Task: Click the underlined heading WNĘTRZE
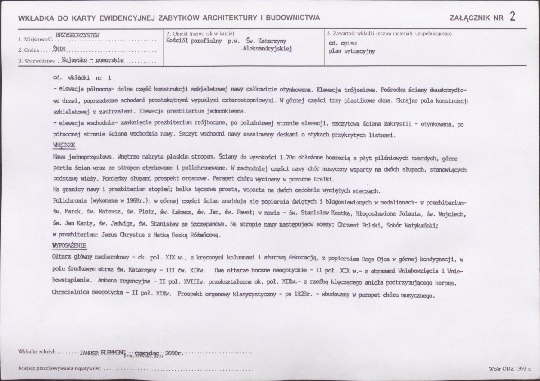pyautogui.click(x=64, y=145)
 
